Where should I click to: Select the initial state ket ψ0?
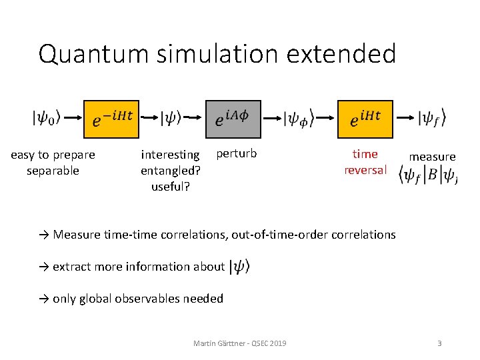[x=46, y=119]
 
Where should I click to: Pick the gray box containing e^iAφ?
[x=233, y=119]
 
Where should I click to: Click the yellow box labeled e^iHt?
[x=365, y=119]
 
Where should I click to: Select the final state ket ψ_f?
[x=431, y=119]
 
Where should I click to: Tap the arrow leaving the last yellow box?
[x=405, y=119]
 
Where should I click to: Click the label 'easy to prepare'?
[x=53, y=155]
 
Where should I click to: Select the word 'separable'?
[x=53, y=171]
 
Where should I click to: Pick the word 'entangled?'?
[x=171, y=171]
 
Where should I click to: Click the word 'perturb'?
[x=237, y=154]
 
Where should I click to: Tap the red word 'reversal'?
[x=365, y=170]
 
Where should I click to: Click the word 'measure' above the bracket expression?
[x=432, y=157]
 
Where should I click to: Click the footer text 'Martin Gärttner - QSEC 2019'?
[x=240, y=343]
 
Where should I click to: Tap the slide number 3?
[x=439, y=343]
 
